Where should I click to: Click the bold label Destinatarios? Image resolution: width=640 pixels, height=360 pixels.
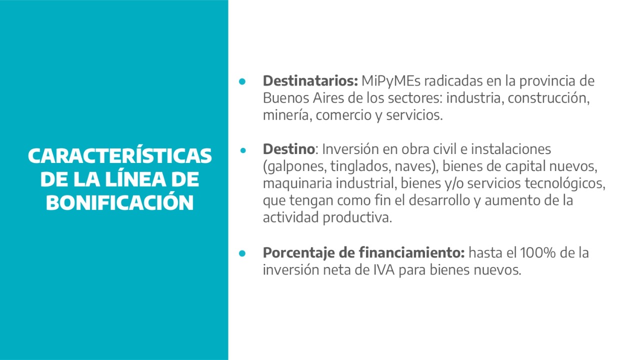coord(310,81)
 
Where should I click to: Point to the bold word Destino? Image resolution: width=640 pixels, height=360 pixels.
coord(289,149)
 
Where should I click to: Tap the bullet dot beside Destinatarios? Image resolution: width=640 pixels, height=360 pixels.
coord(242,81)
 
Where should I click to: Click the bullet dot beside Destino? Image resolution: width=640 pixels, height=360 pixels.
coord(243,150)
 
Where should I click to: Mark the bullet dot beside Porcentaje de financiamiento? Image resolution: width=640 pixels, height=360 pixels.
coord(242,253)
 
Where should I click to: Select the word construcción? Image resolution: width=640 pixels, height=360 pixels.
coord(548,98)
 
